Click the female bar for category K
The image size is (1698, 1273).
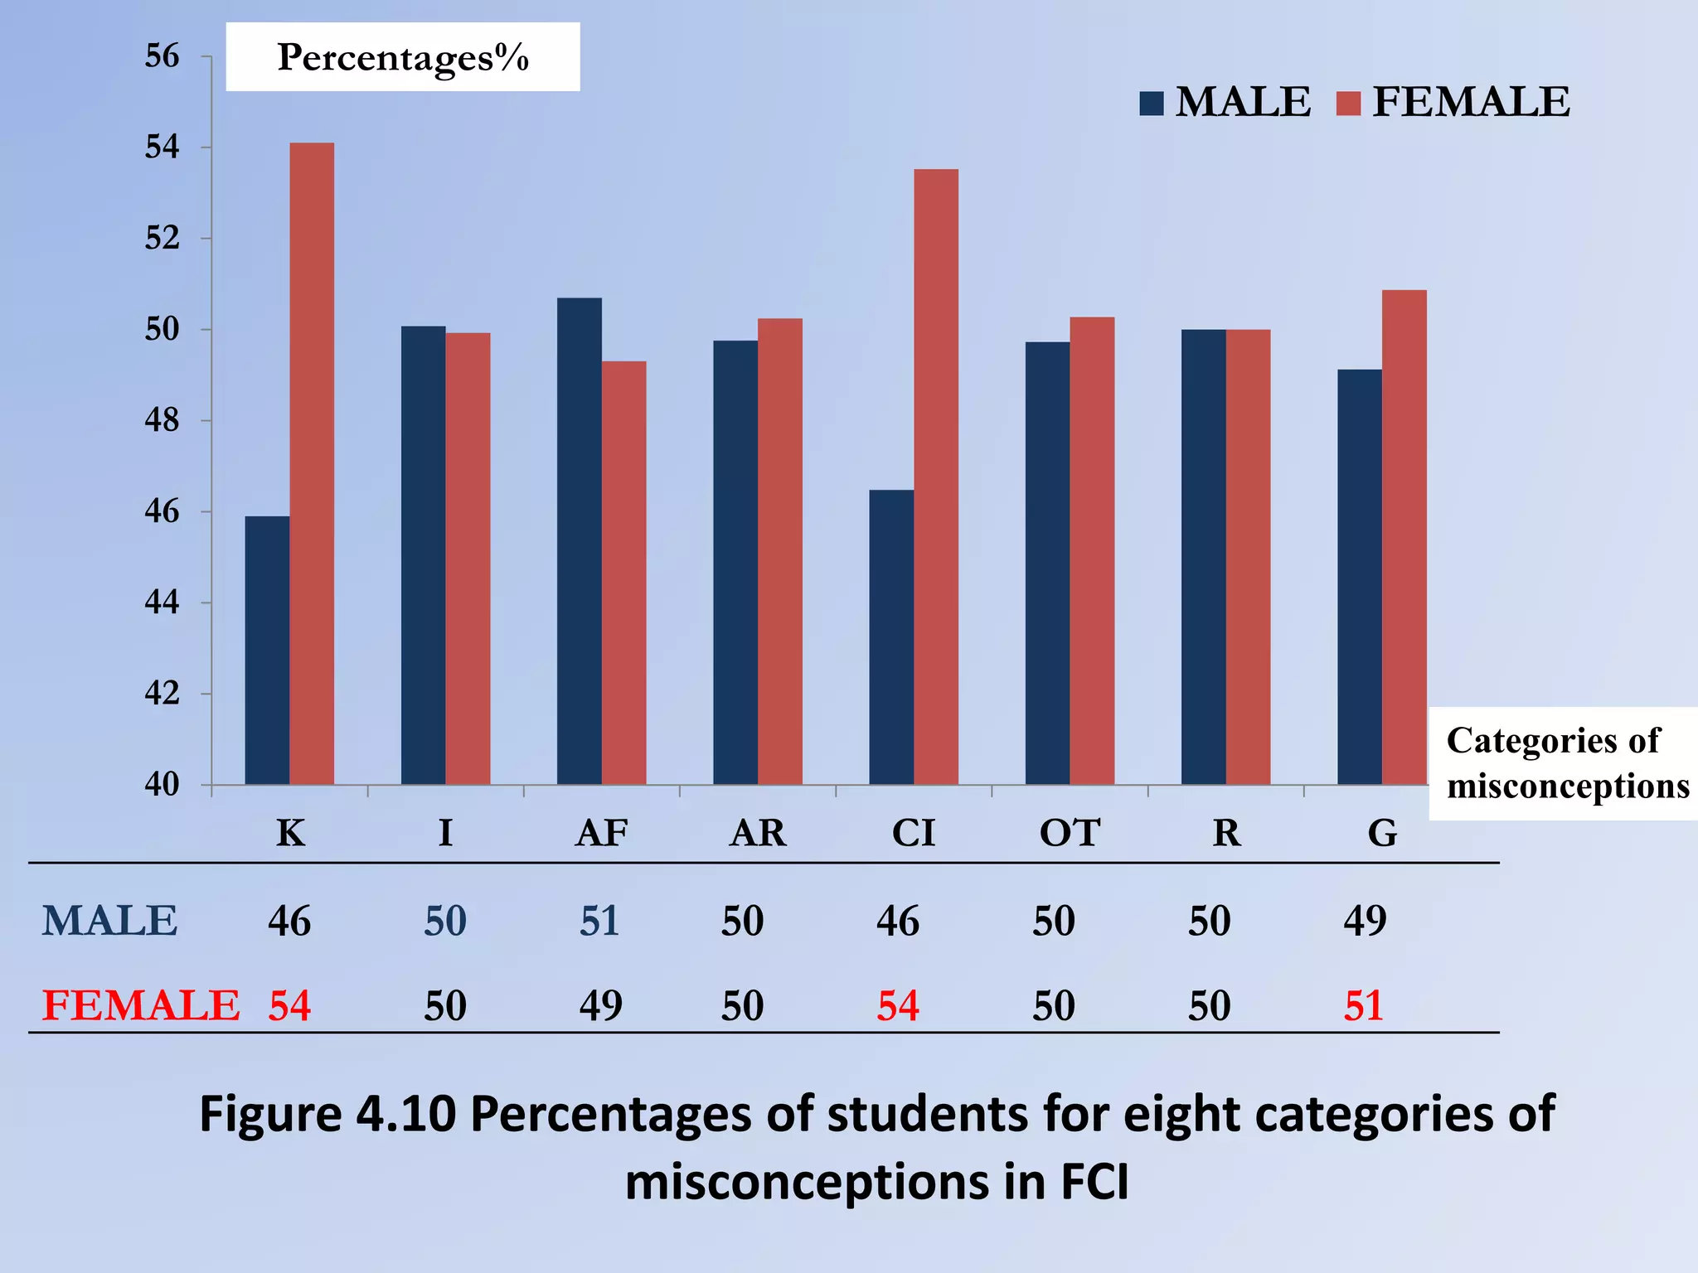tap(312, 464)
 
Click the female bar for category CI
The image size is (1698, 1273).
tap(936, 477)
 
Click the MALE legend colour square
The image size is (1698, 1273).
tap(1152, 104)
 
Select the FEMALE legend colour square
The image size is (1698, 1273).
tap(1349, 104)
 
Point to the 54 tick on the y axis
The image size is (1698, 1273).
tap(162, 148)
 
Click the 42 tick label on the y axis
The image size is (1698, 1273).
tap(162, 694)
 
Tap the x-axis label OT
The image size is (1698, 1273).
tap(1070, 833)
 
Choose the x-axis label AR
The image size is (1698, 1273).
tap(758, 833)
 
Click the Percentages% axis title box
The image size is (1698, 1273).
tap(403, 57)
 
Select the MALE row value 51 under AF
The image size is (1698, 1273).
tap(599, 921)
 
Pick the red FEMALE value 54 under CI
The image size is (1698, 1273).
tap(898, 1006)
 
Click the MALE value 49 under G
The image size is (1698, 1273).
tap(1365, 921)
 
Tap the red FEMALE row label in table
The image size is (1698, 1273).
tap(141, 1006)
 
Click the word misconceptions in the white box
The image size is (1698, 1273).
tap(1567, 786)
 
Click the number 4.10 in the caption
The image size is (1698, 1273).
tap(405, 1114)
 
